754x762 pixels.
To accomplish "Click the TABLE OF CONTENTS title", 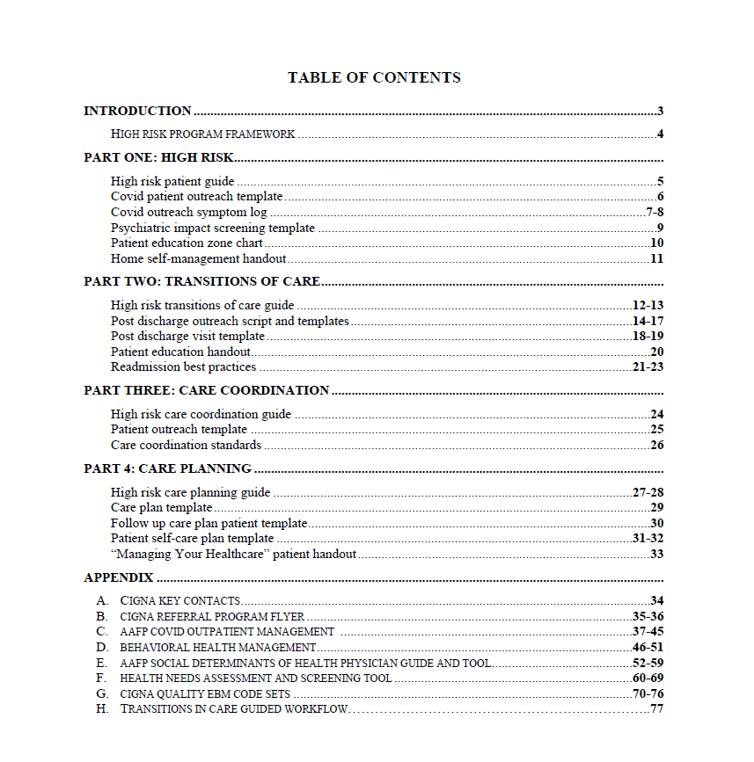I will click(x=374, y=77).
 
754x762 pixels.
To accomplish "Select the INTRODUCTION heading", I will click(x=137, y=111).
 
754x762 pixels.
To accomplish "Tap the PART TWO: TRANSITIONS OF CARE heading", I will click(x=201, y=282).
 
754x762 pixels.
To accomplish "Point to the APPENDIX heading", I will click(x=119, y=577).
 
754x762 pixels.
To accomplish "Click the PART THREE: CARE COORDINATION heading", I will click(x=207, y=390).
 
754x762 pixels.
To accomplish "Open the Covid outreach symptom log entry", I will click(x=188, y=212).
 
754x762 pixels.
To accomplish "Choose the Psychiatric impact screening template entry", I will click(x=212, y=228).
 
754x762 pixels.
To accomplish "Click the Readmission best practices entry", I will click(x=183, y=366).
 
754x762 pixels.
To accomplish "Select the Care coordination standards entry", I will click(x=186, y=445).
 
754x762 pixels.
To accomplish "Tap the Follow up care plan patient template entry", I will click(x=209, y=523).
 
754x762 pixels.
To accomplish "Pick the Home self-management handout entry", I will click(x=198, y=258).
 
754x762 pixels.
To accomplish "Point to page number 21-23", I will click(x=648, y=366).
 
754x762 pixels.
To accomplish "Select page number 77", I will click(x=656, y=709).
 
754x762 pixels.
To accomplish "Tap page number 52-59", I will click(x=648, y=663).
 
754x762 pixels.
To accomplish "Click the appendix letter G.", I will click(x=102, y=694).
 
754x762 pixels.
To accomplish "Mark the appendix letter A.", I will click(x=102, y=600).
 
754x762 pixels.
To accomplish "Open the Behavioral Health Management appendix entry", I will click(x=218, y=648).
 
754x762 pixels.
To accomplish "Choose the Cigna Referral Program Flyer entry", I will click(x=212, y=616).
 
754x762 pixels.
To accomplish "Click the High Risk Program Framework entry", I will click(x=202, y=134).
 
